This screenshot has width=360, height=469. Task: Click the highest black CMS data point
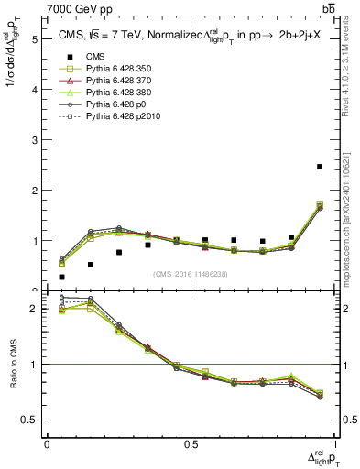[x=320, y=167]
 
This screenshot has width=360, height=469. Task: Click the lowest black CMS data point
[x=61, y=277]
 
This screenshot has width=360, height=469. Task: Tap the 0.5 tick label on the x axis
[x=191, y=444]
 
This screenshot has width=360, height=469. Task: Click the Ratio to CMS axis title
[x=14, y=366]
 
